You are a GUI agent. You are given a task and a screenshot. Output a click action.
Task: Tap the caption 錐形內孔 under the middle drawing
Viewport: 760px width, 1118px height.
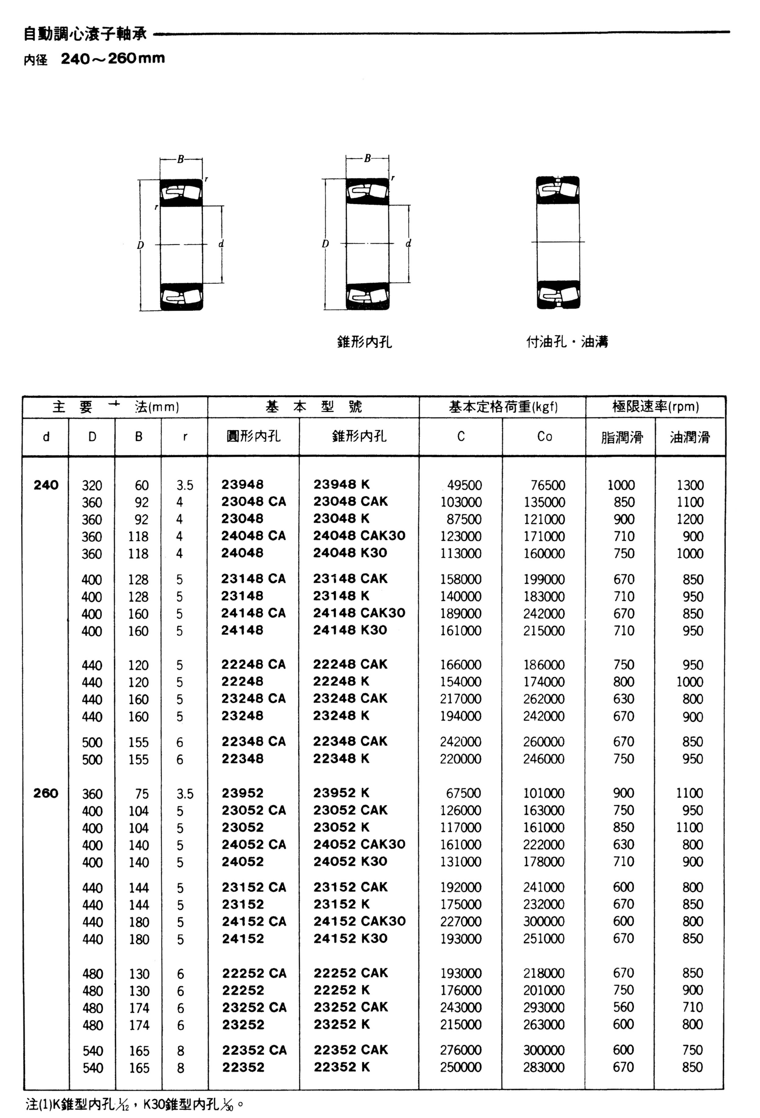click(x=364, y=342)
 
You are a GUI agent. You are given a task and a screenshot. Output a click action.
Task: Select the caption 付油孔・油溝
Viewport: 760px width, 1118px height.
click(x=567, y=342)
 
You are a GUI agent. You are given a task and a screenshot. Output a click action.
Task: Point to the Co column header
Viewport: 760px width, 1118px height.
click(x=544, y=436)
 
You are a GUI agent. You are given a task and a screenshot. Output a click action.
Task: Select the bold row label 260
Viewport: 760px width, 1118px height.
click(x=46, y=793)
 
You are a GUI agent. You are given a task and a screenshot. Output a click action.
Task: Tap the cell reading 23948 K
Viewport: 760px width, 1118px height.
click(x=342, y=484)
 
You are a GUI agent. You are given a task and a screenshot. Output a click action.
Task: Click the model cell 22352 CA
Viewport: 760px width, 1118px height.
click(x=254, y=1050)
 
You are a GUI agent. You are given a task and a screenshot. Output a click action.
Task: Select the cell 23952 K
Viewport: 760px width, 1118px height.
click(x=342, y=793)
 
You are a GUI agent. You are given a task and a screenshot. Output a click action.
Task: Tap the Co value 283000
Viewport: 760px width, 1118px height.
click(x=544, y=1067)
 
